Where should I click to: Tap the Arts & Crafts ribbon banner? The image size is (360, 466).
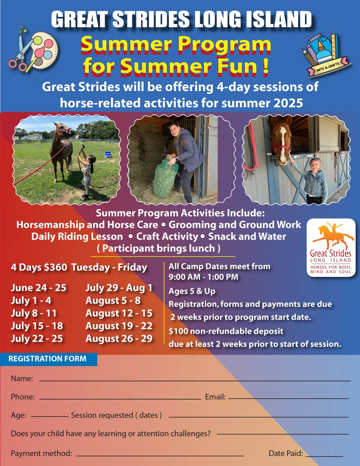click(x=328, y=66)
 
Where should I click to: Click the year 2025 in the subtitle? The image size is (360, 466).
click(x=288, y=103)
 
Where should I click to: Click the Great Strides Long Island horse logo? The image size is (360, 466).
click(x=331, y=248)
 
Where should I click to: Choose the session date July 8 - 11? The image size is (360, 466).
click(x=34, y=313)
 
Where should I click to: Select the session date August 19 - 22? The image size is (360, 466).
click(x=119, y=326)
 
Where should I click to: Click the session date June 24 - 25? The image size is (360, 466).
click(x=39, y=288)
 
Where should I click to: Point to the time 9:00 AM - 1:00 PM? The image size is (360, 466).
click(x=203, y=277)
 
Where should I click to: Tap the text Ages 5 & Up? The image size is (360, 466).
click(x=192, y=291)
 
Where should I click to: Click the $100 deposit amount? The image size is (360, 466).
click(x=179, y=331)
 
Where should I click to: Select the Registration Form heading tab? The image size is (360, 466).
click(x=48, y=359)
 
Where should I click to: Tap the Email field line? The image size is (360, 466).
click(x=288, y=398)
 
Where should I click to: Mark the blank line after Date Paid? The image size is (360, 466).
click(x=324, y=456)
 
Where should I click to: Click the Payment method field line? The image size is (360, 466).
click(x=160, y=455)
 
